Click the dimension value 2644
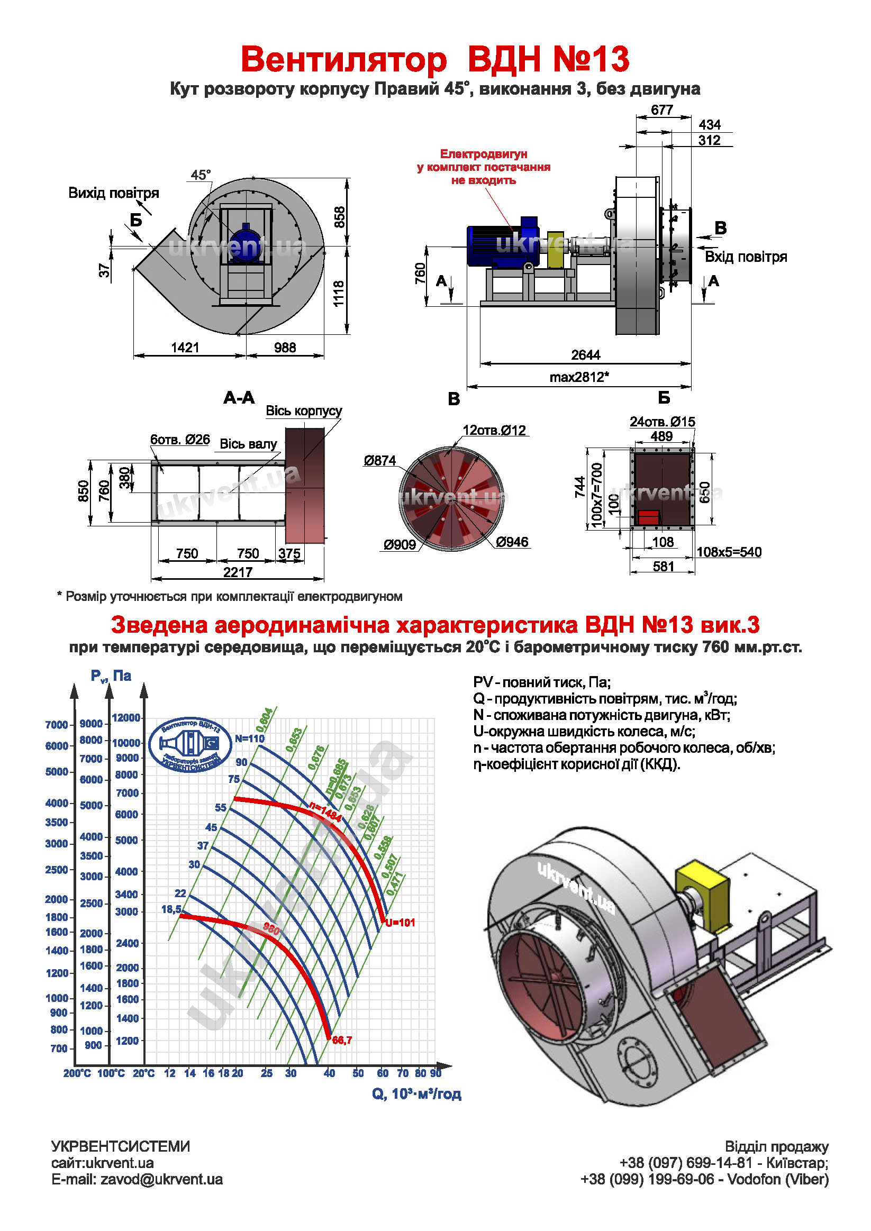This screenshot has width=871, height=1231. click(x=585, y=355)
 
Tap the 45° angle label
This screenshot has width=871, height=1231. click(x=201, y=175)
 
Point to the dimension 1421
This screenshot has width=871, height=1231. click(x=185, y=348)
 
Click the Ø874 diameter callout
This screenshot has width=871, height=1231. click(x=379, y=460)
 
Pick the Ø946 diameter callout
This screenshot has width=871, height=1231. click(x=512, y=542)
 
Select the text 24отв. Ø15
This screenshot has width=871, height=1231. click(x=662, y=422)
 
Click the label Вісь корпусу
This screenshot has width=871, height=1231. click(x=304, y=411)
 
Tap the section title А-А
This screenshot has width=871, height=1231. click(x=239, y=398)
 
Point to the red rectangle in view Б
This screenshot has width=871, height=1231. click(x=648, y=517)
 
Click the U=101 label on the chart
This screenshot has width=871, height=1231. click(x=400, y=923)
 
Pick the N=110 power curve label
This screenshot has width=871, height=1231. click(x=249, y=738)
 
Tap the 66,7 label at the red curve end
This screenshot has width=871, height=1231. click(x=342, y=1040)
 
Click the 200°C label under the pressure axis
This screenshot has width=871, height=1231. click(x=77, y=1073)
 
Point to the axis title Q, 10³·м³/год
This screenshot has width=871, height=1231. click(x=416, y=1095)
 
